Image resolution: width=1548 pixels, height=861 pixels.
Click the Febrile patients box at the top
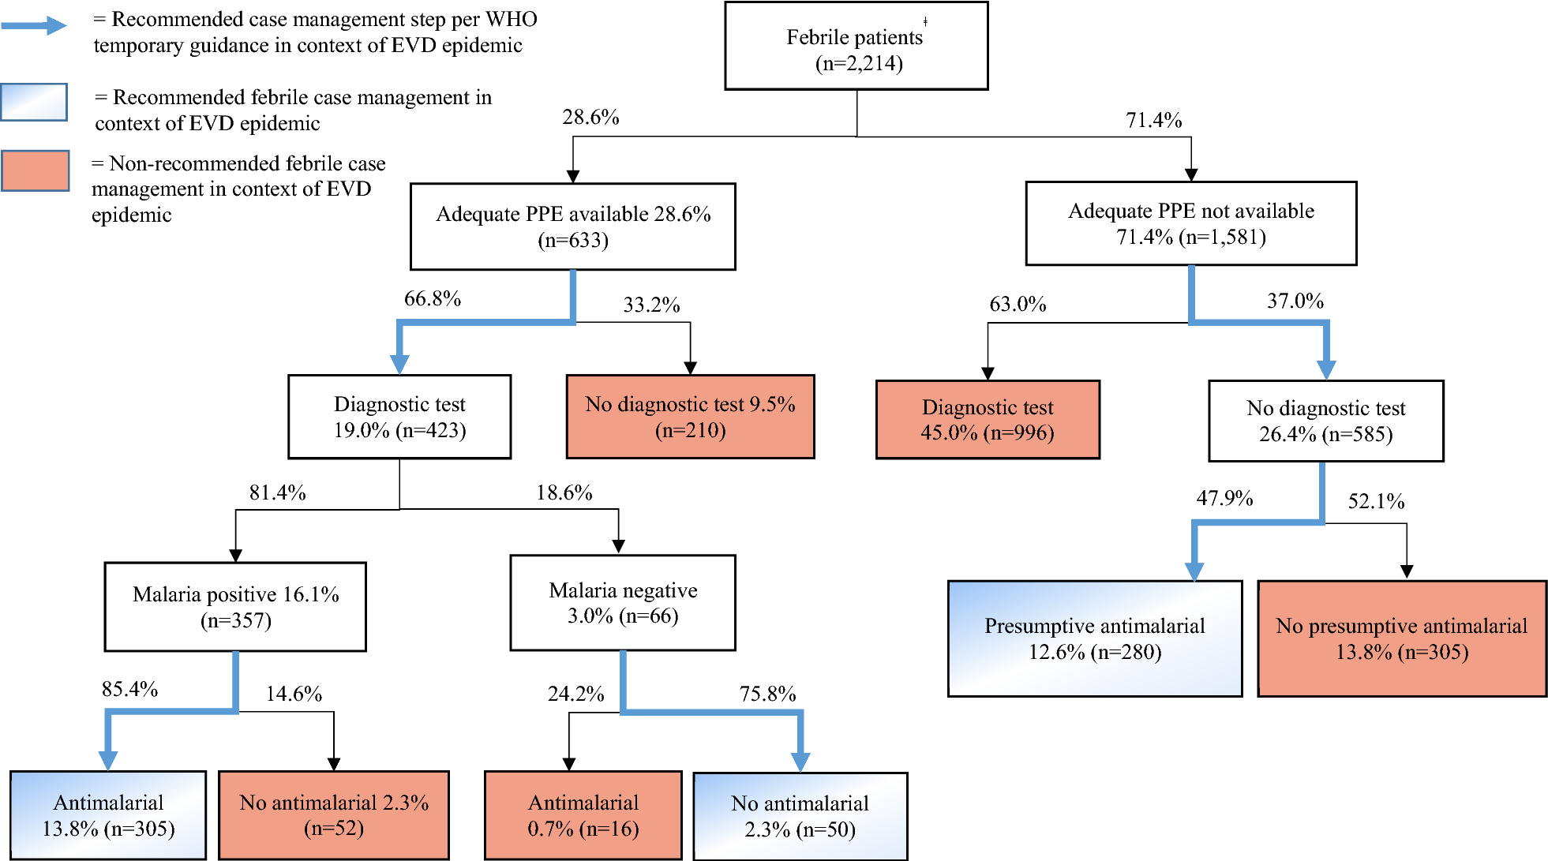pos(856,47)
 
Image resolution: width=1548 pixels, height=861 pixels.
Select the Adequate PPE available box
pos(573,226)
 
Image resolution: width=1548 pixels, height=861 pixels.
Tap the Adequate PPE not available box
pos(1190,223)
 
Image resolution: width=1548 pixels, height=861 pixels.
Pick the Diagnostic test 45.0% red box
pos(988,420)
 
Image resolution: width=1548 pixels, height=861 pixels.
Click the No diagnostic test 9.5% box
pos(690,417)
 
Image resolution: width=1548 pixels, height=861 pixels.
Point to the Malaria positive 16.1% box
pos(235,607)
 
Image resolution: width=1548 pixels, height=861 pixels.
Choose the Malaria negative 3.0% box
pos(623,603)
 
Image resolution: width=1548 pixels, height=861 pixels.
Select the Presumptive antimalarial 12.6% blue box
pos(1095,638)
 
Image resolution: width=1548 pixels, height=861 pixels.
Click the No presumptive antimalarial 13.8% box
pos(1401,638)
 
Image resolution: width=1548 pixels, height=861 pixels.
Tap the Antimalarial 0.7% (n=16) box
pos(583,815)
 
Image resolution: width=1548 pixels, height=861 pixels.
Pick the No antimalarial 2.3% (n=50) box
pos(800,816)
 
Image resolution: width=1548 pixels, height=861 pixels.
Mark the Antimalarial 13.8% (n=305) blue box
pos(108,815)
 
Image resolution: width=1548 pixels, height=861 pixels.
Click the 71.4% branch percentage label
pos(1153,121)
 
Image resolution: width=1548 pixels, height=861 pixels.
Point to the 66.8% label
pos(432,299)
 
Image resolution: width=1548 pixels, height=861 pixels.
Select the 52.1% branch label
pos(1376,502)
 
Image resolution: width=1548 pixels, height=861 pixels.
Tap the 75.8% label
pos(767,694)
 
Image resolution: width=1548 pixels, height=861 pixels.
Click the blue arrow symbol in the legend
pos(35,26)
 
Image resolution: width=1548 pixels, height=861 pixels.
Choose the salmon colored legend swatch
pos(35,170)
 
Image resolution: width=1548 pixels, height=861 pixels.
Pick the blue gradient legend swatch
pos(34,102)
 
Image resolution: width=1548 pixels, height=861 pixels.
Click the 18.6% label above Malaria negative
pos(564,493)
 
